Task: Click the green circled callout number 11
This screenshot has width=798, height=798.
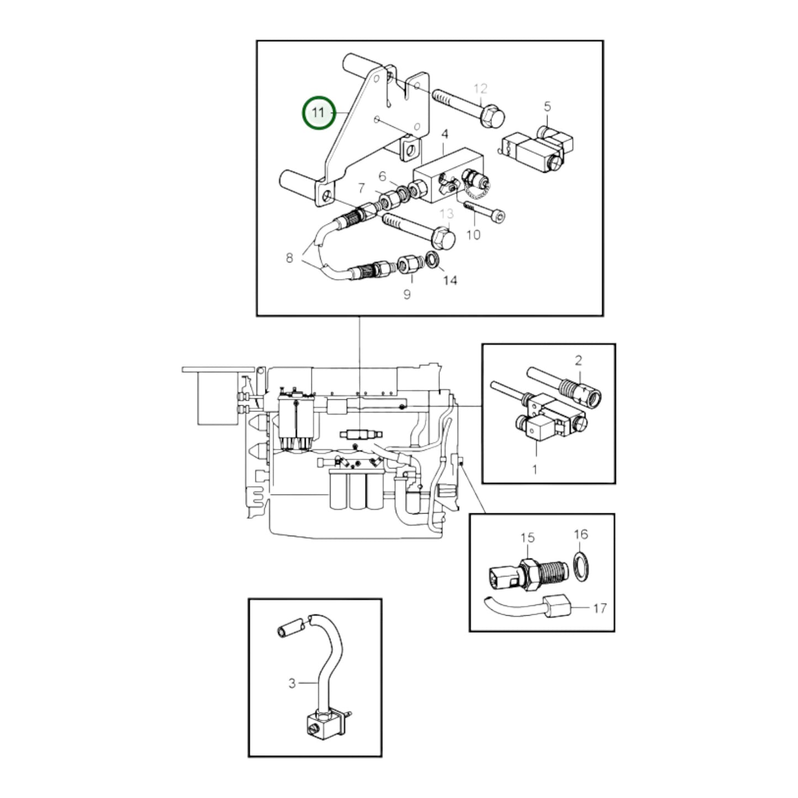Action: (x=319, y=113)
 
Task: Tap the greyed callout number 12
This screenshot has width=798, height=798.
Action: (x=480, y=88)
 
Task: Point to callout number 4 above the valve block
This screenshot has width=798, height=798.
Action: (x=445, y=134)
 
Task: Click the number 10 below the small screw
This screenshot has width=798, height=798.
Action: (x=473, y=235)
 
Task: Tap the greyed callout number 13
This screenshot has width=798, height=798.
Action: (x=446, y=214)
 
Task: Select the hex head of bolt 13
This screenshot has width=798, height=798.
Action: (x=443, y=238)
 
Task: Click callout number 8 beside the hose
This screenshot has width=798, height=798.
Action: (x=289, y=258)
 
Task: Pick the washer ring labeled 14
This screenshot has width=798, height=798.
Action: (x=432, y=259)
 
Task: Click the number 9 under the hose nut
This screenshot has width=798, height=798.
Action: (x=407, y=295)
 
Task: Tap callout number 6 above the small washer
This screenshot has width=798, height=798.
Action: (x=383, y=176)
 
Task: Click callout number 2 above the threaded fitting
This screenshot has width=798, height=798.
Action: (x=578, y=361)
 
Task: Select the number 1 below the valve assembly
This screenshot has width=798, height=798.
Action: (x=535, y=470)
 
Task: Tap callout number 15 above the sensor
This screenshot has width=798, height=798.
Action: (x=527, y=537)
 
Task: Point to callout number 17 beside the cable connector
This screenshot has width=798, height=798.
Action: (x=600, y=608)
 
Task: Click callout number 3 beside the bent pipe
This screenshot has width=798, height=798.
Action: (x=292, y=683)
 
